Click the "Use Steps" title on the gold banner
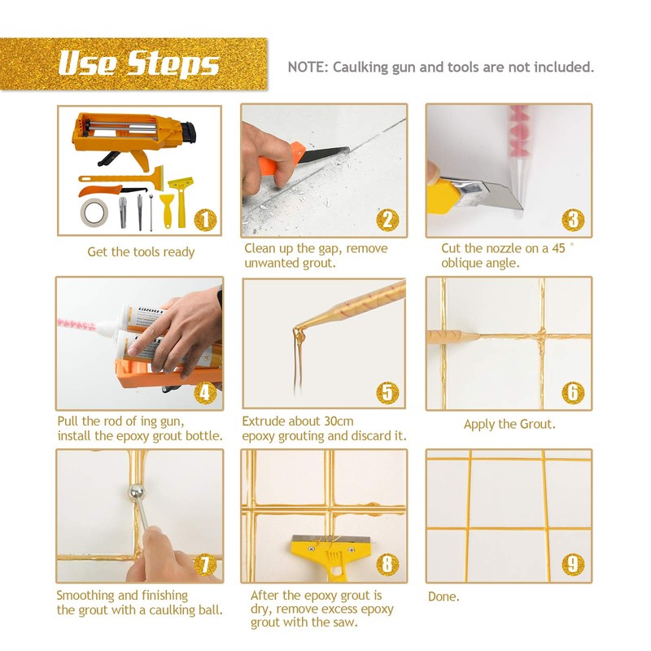[138, 64]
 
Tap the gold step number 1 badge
[206, 220]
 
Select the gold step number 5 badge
[387, 392]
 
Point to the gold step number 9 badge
[573, 564]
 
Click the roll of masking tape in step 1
[94, 212]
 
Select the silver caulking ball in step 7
[136, 493]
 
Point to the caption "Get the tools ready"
[141, 252]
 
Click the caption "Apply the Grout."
[509, 424]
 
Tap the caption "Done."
[443, 596]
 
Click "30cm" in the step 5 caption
[339, 421]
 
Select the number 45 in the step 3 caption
[558, 248]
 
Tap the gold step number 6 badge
[573, 392]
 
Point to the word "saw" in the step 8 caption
[345, 623]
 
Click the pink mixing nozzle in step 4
[76, 323]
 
